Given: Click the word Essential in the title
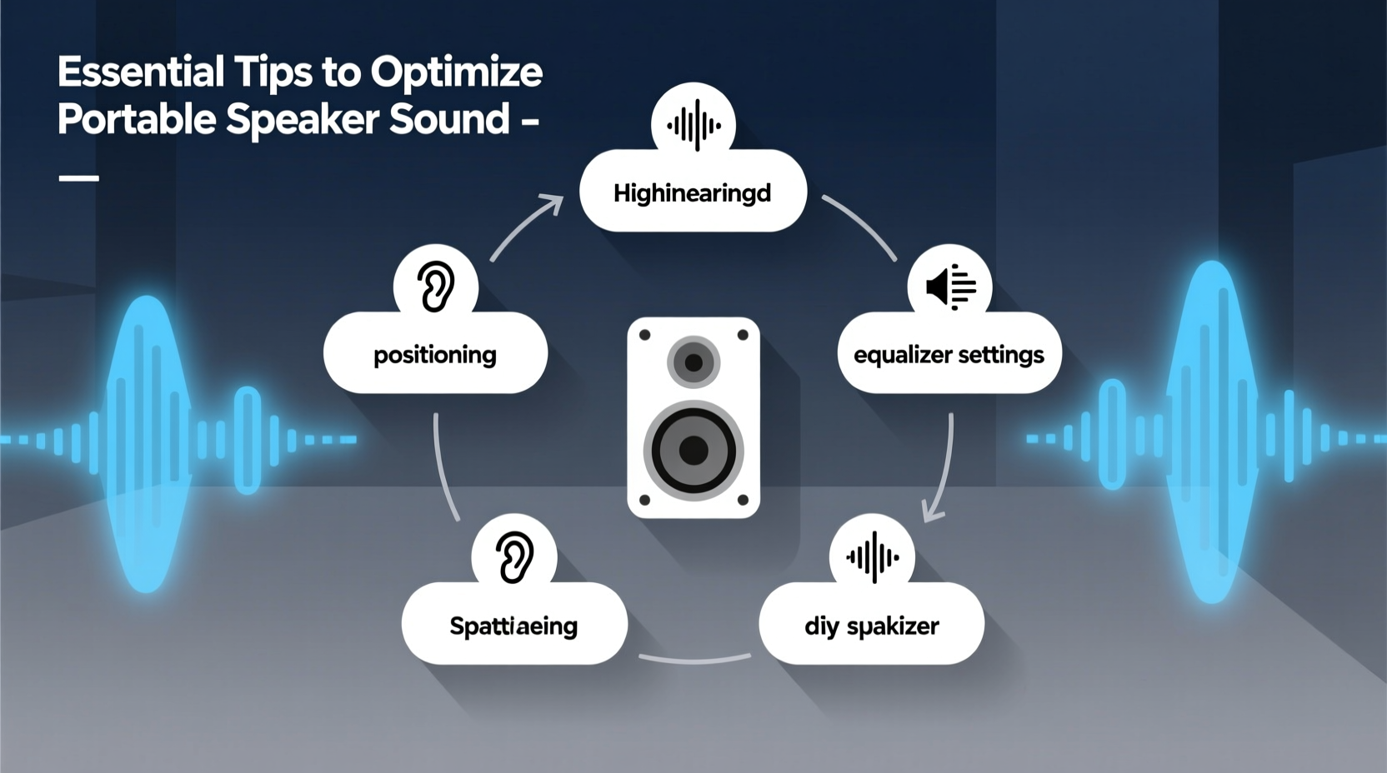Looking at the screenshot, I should [140, 72].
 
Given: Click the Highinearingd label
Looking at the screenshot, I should [692, 193].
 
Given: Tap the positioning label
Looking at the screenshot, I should [434, 355].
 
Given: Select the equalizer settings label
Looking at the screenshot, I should [949, 355].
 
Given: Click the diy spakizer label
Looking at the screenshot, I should [871, 626].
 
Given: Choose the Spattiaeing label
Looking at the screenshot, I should [513, 626].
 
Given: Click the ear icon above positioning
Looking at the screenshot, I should [435, 287].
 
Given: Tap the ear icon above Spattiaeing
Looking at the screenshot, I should [514, 556].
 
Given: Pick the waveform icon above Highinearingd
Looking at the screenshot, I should [693, 125].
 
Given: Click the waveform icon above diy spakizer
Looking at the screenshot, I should [872, 556].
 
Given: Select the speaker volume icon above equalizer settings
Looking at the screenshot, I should [950, 287].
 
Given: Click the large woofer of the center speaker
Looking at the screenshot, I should [693, 451].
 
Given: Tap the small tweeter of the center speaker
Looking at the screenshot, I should [693, 362].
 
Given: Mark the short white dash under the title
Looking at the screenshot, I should [79, 177].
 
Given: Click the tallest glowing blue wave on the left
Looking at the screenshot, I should [148, 441].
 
